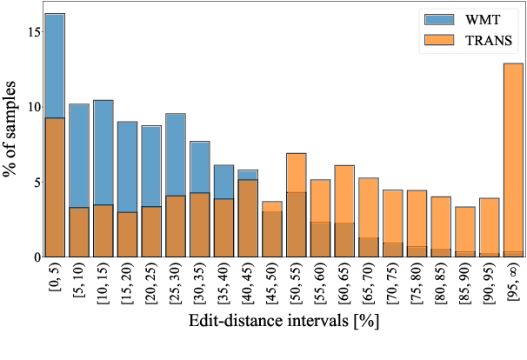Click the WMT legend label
(x=483, y=18)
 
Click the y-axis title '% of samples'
(x=10, y=130)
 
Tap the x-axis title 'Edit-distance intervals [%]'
(x=284, y=345)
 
